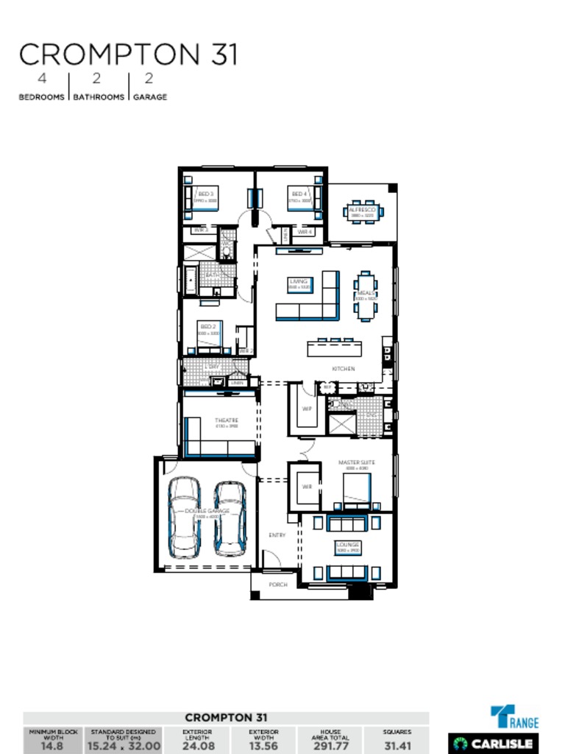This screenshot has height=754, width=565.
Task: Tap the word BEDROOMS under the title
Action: pyautogui.click(x=41, y=96)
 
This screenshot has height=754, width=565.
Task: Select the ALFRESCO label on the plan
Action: pyautogui.click(x=362, y=210)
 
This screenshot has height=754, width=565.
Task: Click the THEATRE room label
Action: pyautogui.click(x=226, y=420)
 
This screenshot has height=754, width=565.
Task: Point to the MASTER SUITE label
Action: pyautogui.click(x=357, y=463)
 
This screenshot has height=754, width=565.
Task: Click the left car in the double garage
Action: pyautogui.click(x=184, y=517)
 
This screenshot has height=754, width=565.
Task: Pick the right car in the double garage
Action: pyautogui.click(x=230, y=518)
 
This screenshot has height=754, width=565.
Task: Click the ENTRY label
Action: pyautogui.click(x=277, y=535)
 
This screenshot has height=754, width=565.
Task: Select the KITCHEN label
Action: pyautogui.click(x=343, y=368)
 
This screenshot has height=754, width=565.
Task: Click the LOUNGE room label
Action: pyautogui.click(x=347, y=545)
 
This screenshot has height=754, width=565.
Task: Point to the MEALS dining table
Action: pyautogui.click(x=366, y=295)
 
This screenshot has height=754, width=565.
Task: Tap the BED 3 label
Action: pyautogui.click(x=206, y=194)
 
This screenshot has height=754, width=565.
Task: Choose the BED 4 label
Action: pyautogui.click(x=299, y=194)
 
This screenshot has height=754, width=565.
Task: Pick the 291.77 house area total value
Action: pyautogui.click(x=330, y=746)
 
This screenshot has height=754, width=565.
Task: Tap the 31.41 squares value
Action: pyautogui.click(x=397, y=746)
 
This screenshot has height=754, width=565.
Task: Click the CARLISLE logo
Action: pyautogui.click(x=494, y=743)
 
